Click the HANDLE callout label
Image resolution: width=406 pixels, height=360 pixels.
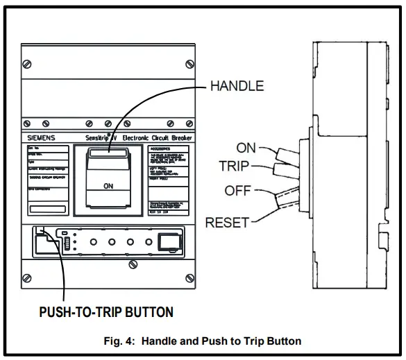(236, 86)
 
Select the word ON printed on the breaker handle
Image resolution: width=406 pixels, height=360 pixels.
(108, 186)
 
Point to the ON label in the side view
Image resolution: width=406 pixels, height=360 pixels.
(246, 147)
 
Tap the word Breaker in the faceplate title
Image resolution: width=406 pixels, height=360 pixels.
(181, 138)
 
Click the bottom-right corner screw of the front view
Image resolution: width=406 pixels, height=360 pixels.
(190, 278)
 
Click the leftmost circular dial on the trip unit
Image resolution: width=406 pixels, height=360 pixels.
(92, 243)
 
